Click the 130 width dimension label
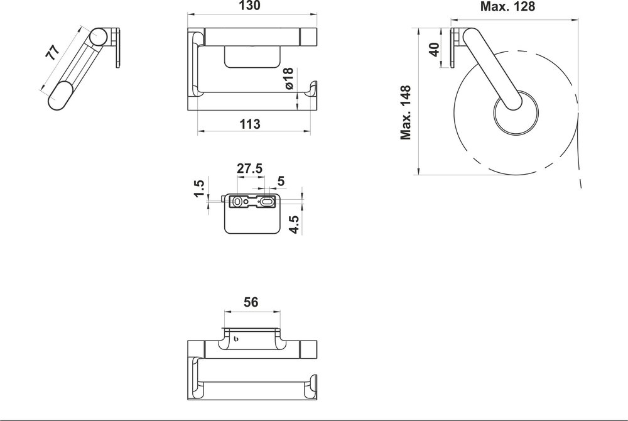(250, 6)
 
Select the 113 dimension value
(250, 124)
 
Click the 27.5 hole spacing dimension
(249, 169)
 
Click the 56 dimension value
(251, 302)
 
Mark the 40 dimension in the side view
(434, 49)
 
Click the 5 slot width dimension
(281, 182)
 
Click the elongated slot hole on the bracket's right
(266, 202)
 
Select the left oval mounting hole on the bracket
(237, 202)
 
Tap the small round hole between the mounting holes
(246, 202)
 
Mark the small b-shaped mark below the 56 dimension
(236, 340)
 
